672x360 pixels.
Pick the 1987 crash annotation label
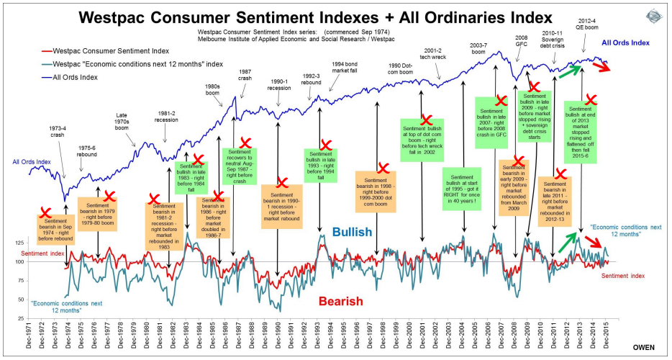click(245, 76)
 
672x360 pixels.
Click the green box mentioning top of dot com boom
click(423, 145)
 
